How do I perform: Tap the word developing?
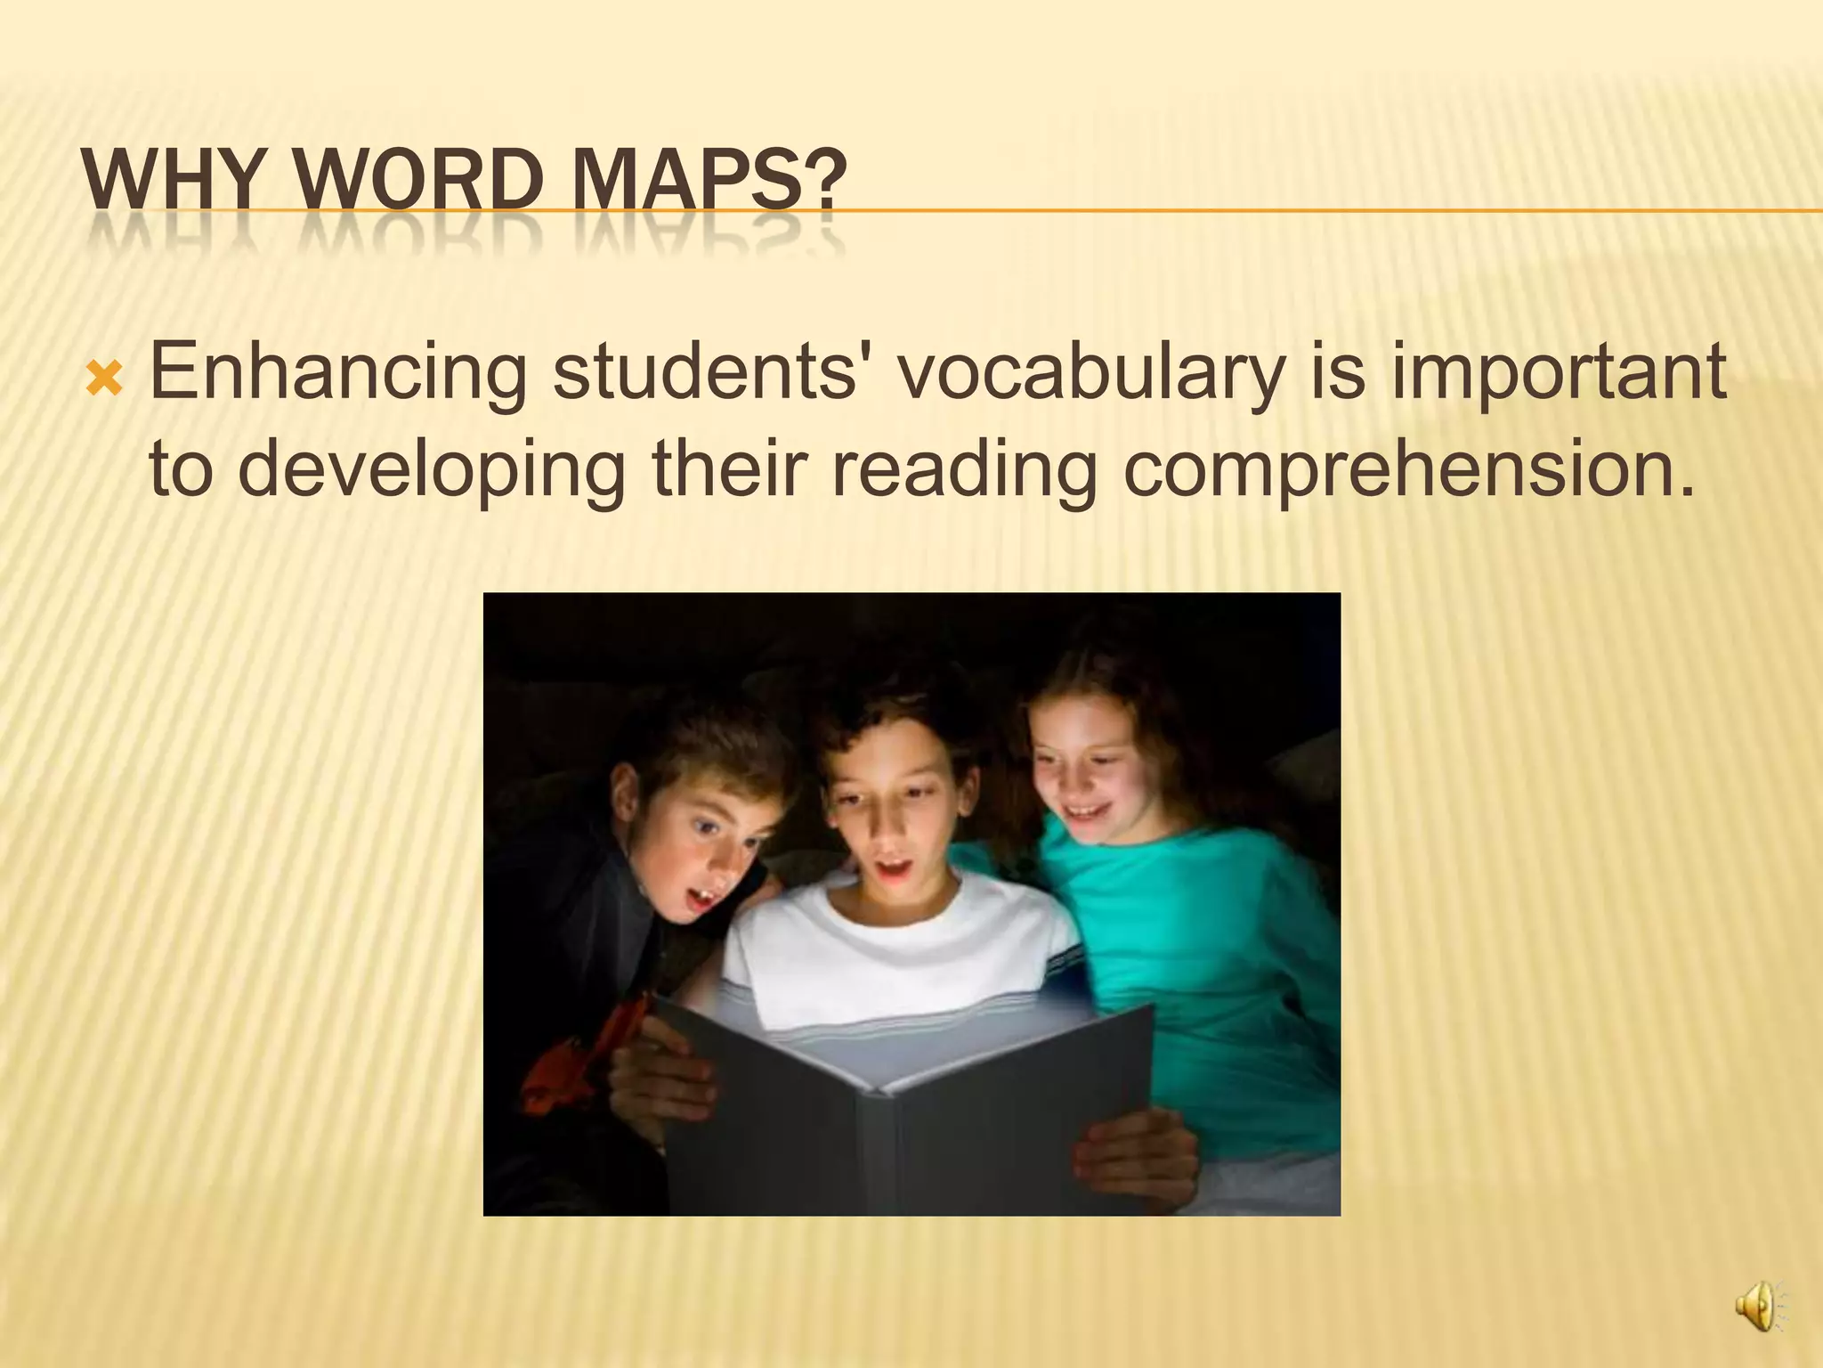[432, 469]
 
